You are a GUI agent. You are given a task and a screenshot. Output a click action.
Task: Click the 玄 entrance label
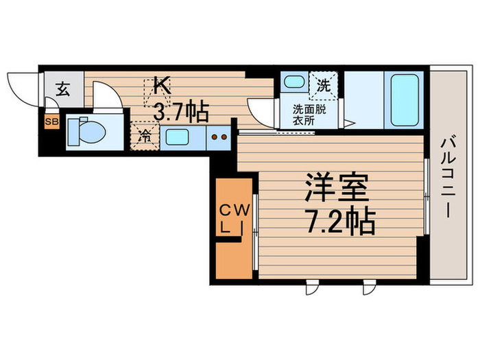(62, 88)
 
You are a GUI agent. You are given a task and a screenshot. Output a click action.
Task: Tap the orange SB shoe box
(51, 123)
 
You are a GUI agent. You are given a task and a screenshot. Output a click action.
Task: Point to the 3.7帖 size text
(181, 110)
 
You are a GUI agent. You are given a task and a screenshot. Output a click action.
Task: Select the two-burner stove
(219, 136)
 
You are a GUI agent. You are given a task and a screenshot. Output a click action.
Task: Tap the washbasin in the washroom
(295, 83)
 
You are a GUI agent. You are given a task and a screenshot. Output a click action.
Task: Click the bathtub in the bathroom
(401, 99)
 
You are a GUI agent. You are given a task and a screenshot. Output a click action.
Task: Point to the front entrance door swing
(21, 89)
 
